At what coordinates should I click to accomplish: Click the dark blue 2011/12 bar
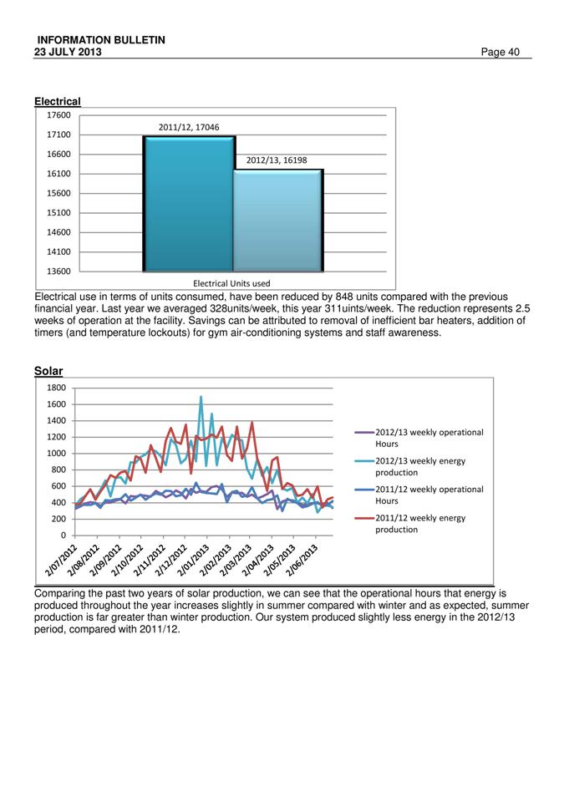188,203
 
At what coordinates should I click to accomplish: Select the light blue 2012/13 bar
278,221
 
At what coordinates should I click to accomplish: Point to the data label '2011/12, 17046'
189,127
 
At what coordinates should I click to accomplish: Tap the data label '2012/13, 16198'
277,160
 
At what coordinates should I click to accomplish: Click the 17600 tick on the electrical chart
58,115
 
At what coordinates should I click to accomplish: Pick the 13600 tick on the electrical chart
58,272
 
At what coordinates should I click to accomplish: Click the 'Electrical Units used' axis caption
231,283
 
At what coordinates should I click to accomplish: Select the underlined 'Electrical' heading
58,101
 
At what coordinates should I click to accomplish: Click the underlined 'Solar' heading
48,371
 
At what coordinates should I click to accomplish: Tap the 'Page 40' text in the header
500,52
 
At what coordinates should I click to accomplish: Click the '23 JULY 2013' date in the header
68,52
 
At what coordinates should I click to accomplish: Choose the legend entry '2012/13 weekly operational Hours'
419,438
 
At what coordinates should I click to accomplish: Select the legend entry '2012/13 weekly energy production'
410,466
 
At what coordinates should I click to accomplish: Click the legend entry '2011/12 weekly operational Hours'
419,495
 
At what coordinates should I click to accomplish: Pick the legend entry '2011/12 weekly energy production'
410,523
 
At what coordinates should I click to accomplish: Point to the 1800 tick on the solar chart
57,388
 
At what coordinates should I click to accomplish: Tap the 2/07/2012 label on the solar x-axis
62,559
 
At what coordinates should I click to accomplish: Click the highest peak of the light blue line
201,397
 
